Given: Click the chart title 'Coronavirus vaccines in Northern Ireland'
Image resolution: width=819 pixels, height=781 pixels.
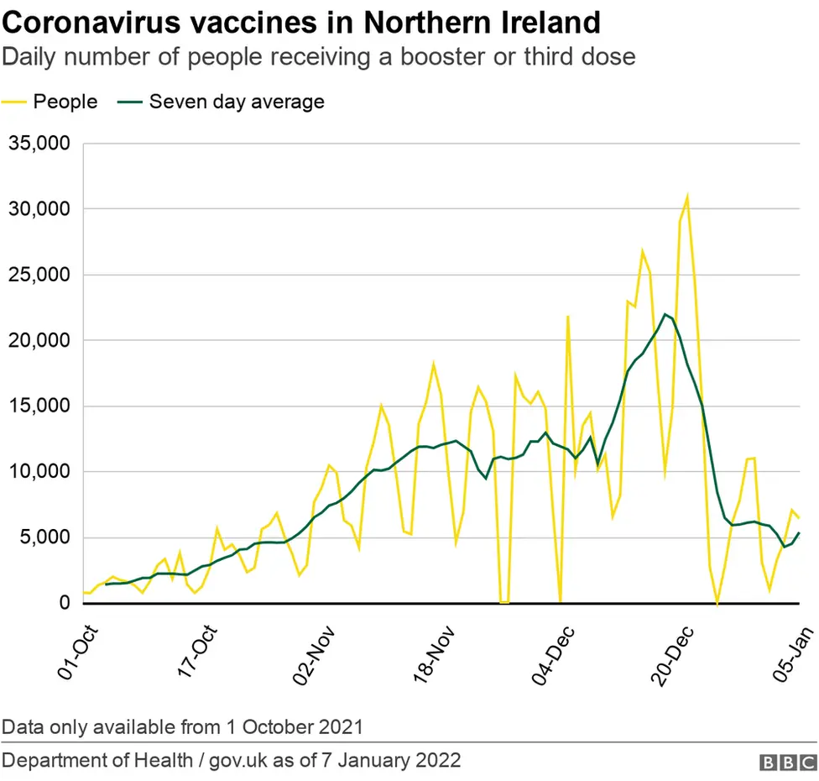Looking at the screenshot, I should (302, 22).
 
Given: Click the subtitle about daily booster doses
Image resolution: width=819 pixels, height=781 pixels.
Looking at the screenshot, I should (318, 57).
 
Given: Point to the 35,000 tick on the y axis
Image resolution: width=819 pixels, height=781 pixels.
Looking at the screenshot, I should (39, 143).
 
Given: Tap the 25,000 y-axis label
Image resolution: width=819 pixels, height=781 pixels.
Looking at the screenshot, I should (39, 275).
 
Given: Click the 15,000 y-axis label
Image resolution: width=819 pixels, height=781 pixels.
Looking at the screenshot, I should (39, 406).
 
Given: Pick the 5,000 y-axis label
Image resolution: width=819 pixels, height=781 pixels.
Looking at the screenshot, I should (44, 537).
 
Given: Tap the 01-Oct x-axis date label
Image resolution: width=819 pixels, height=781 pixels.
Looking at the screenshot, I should (77, 653).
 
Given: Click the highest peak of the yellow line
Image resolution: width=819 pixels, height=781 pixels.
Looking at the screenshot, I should (687, 197).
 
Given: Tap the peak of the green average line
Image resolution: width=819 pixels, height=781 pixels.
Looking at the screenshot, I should (665, 314).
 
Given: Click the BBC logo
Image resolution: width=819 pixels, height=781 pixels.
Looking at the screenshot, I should (789, 762).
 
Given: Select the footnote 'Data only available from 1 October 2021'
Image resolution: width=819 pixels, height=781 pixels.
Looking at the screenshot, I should (183, 726).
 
